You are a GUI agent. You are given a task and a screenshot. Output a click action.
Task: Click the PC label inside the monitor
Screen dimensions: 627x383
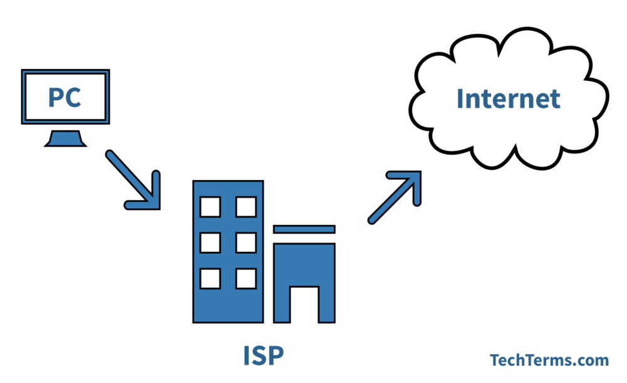click(65, 97)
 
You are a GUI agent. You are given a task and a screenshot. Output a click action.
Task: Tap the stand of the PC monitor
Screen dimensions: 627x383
click(65, 139)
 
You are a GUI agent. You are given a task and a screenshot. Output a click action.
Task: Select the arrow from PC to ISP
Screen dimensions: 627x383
click(133, 180)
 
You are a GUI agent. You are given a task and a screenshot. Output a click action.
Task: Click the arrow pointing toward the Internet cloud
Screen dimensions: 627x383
click(394, 197)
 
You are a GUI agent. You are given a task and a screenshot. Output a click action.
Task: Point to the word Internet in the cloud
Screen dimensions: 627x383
click(508, 98)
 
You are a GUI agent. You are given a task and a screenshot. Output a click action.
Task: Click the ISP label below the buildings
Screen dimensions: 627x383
click(263, 355)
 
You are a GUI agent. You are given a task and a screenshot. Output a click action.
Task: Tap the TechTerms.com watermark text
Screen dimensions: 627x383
click(549, 360)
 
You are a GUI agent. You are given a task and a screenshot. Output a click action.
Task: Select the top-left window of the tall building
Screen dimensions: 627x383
click(210, 207)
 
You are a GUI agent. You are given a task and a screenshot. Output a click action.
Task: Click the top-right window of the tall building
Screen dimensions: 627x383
click(246, 207)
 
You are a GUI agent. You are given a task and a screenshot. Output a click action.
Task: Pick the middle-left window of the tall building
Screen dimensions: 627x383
click(210, 243)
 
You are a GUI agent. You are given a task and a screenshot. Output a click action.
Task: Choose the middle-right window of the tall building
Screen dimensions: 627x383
click(246, 243)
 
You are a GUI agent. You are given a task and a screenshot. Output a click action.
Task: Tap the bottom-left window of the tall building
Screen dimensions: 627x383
click(210, 279)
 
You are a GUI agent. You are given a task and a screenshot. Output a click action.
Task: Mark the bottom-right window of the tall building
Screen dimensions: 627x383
click(246, 279)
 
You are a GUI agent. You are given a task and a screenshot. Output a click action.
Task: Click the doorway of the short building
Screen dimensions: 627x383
click(304, 304)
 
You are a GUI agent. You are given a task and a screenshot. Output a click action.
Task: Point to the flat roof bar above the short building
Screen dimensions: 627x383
click(304, 229)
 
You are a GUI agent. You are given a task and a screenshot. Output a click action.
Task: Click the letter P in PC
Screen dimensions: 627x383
click(55, 98)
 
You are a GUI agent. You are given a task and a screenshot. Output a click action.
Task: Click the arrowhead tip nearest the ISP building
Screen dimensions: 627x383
click(159, 209)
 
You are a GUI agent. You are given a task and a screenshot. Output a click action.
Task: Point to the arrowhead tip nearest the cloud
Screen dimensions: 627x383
click(421, 172)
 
